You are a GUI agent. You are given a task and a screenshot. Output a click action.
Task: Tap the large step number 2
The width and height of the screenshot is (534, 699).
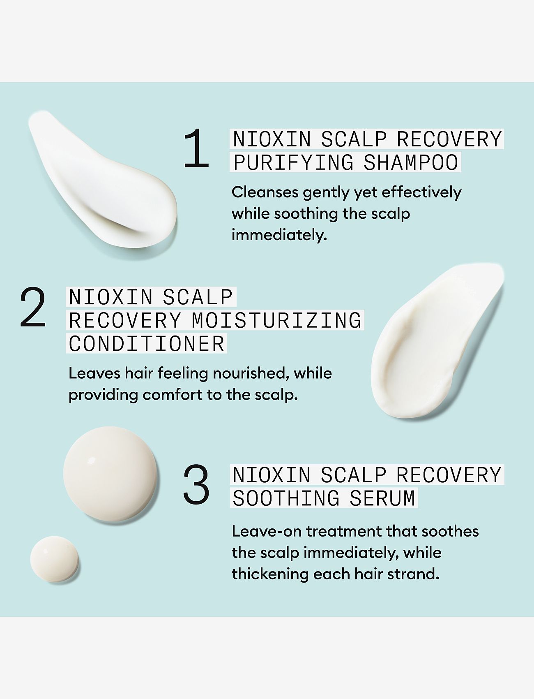[33, 307]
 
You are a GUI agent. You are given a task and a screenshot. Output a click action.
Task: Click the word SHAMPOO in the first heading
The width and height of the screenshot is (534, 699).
[411, 162]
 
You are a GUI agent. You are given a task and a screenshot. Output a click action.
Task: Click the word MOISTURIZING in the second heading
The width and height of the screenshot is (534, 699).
[276, 321]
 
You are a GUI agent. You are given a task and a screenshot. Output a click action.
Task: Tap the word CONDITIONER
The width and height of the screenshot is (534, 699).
[147, 344]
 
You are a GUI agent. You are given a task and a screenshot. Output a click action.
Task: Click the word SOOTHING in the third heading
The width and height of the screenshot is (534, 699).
[286, 498]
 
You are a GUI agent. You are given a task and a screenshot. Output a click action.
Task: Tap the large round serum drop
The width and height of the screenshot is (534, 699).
[110, 474]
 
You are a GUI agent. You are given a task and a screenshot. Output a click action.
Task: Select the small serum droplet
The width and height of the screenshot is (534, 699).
[55, 558]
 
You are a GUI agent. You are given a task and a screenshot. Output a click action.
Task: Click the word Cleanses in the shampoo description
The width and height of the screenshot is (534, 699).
[265, 192]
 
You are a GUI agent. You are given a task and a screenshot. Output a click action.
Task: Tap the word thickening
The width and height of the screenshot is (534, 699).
[269, 574]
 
